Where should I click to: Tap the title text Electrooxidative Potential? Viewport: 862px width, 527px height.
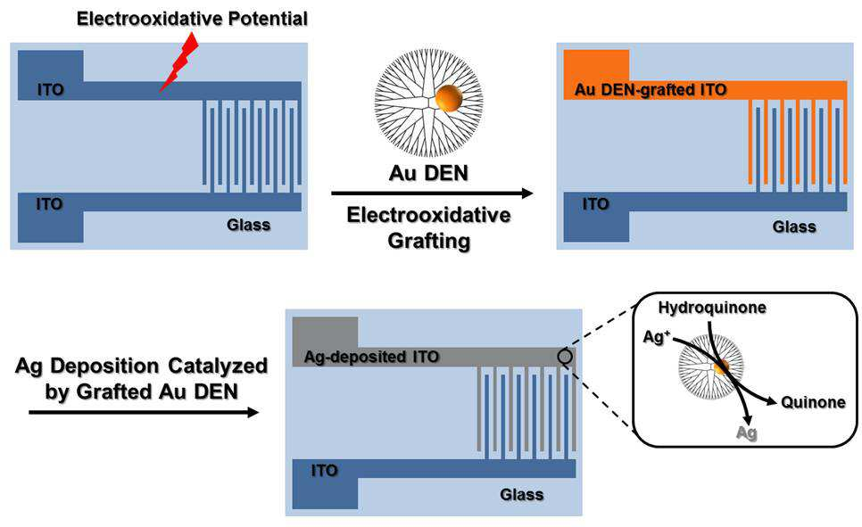point(192,19)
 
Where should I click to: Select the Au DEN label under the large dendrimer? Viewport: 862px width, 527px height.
point(428,173)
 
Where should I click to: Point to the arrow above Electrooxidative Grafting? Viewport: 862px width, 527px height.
point(432,193)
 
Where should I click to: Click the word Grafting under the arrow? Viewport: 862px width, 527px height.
point(429,241)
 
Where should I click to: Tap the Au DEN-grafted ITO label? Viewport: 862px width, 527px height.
point(651,89)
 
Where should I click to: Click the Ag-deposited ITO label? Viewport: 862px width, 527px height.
point(371,358)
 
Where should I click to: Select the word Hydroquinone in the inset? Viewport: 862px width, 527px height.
point(712,308)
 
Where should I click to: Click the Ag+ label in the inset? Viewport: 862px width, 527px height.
point(657,336)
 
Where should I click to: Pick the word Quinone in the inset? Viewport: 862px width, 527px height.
point(813,402)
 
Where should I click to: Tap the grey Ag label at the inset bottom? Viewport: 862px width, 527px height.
point(747,433)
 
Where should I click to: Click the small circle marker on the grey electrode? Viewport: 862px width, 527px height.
point(565,357)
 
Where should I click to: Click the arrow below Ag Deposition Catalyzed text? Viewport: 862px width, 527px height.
point(144,412)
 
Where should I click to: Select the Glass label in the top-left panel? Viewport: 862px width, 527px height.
point(248,225)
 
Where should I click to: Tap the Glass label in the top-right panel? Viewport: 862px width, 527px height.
point(794,226)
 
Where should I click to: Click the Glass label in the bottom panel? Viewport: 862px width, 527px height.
point(522,495)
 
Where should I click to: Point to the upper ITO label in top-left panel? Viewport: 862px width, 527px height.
point(51,89)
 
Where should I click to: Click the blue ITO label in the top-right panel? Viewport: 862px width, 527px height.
point(596,204)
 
